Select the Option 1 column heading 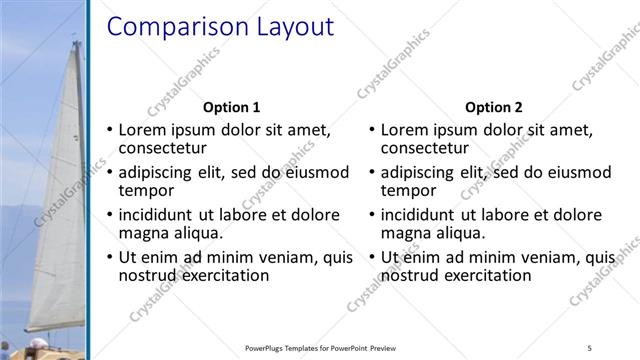[231, 107]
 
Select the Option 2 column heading [494, 107]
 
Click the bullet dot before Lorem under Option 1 [109, 130]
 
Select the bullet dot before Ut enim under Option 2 [372, 258]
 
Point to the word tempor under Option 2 [409, 190]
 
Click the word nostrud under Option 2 [413, 275]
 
